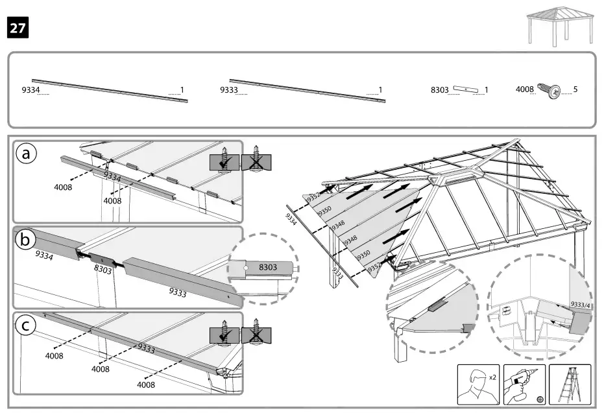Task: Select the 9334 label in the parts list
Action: [x=31, y=90]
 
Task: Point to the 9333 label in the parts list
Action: [x=229, y=90]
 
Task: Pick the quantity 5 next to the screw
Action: [x=575, y=89]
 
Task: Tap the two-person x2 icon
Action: [x=477, y=384]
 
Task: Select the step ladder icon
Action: [x=570, y=384]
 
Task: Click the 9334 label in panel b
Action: [x=45, y=255]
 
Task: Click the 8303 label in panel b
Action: [x=102, y=269]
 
